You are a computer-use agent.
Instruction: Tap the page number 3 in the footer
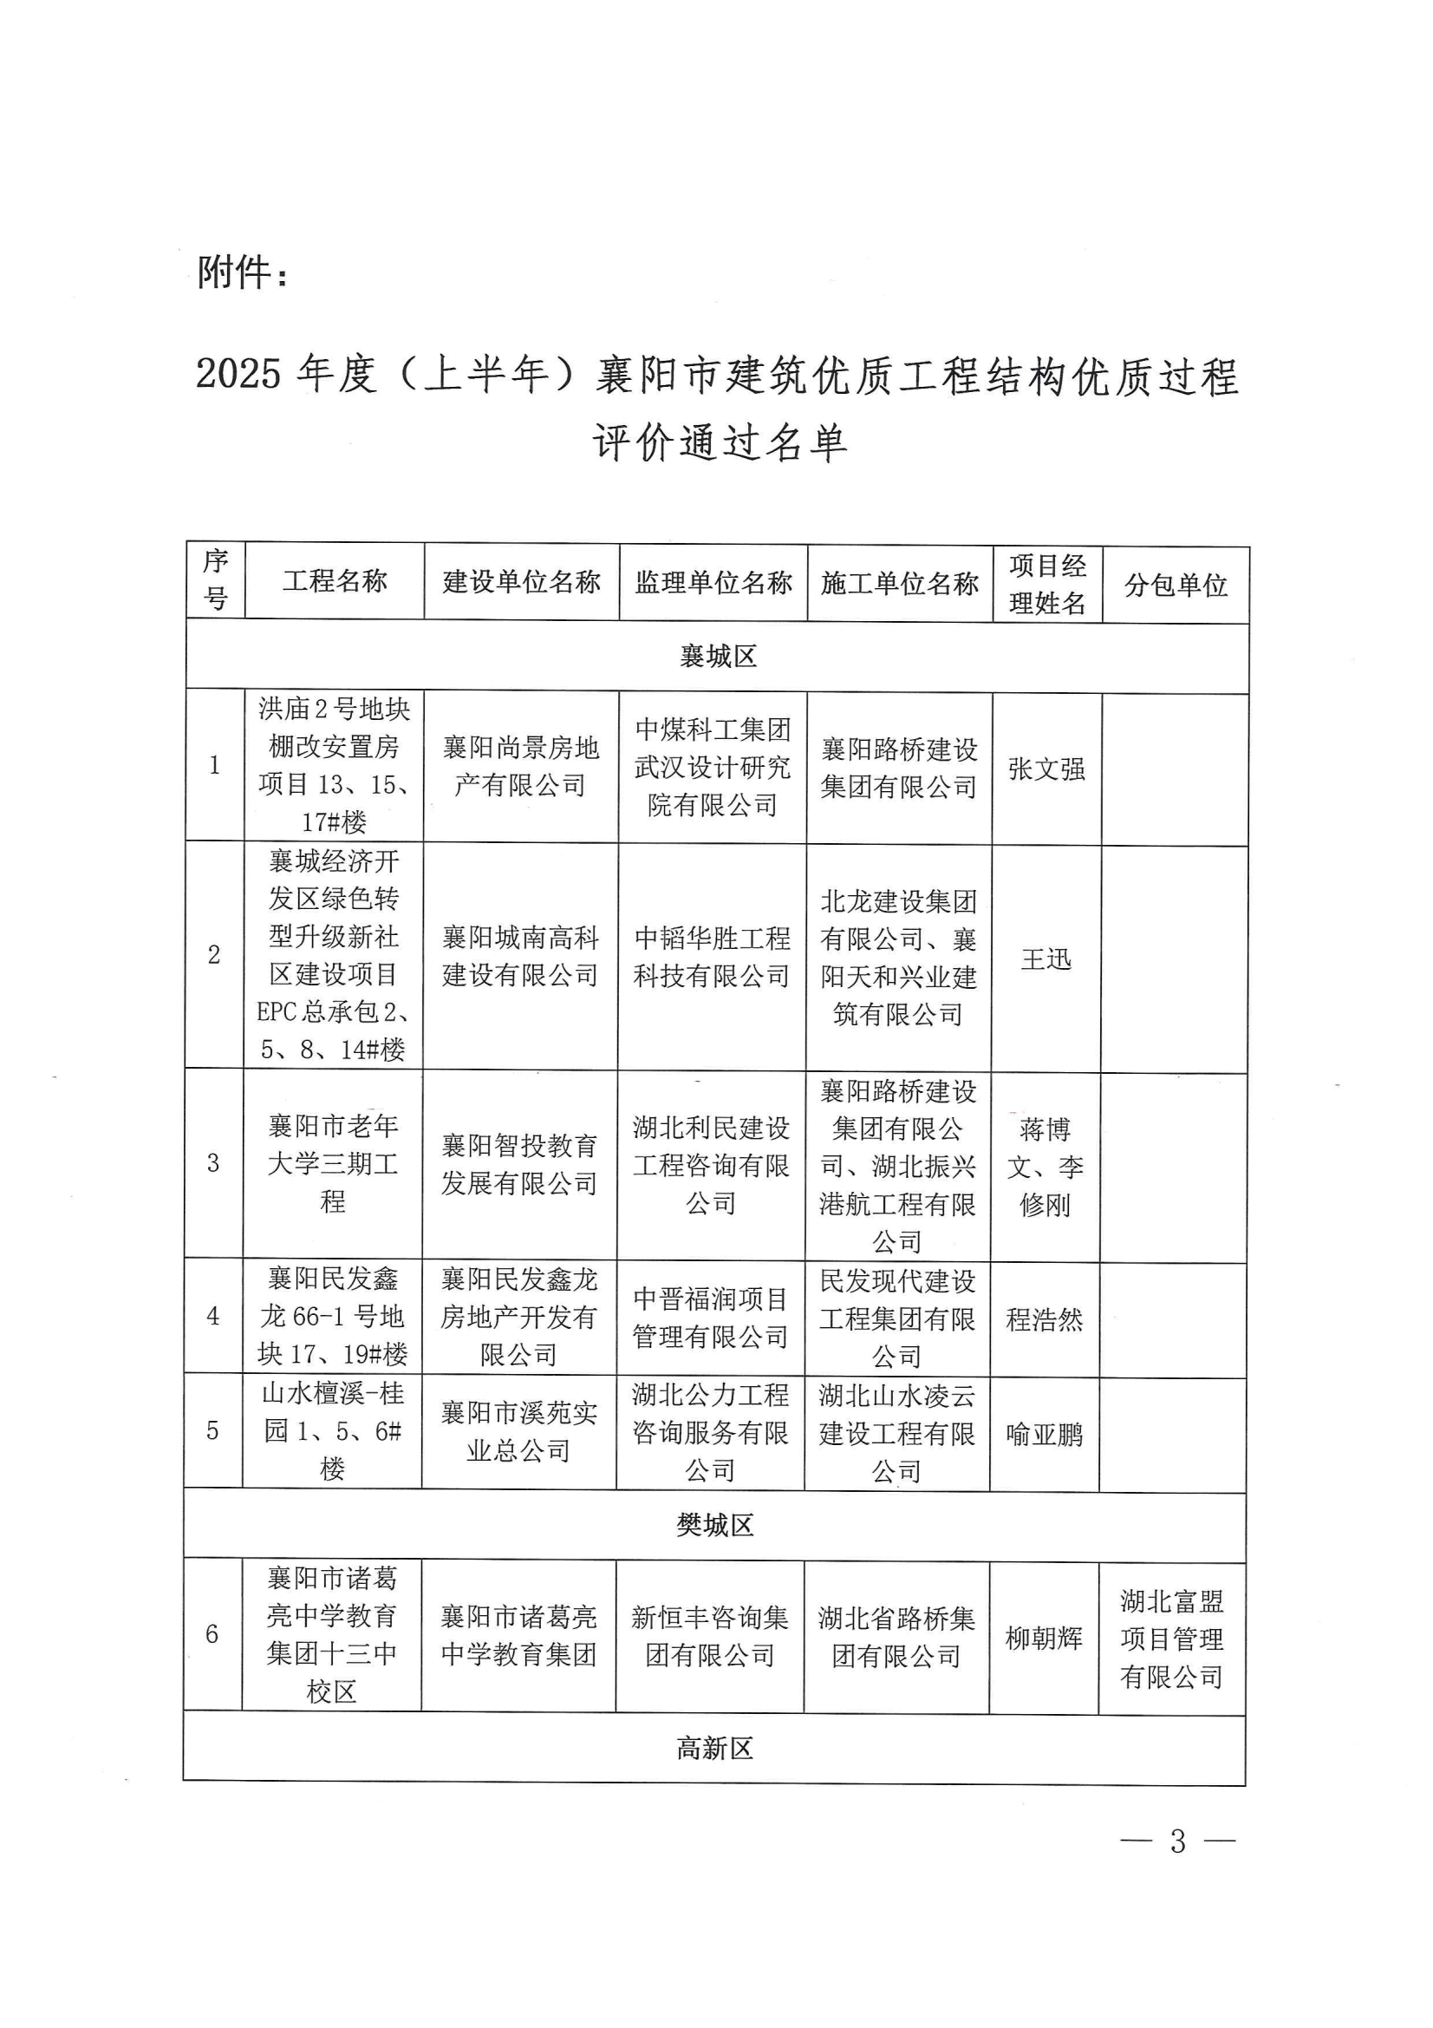1177,1841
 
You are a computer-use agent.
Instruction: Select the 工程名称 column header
335,581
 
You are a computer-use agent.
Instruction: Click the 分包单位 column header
1176,585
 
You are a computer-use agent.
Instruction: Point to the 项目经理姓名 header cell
1047,584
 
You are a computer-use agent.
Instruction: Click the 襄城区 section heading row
718,657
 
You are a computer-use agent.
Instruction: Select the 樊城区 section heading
715,1525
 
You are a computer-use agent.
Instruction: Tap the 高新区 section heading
714,1748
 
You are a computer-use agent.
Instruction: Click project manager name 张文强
1046,769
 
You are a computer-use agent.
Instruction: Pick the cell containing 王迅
1045,958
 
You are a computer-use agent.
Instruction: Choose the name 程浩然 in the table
1045,1318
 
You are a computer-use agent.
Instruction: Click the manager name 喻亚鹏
1045,1434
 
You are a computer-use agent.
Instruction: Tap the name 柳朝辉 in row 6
1044,1638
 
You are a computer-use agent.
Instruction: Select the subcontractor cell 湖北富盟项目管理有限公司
1172,1639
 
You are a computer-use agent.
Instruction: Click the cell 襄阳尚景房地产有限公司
521,766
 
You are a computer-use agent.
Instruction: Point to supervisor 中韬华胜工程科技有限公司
712,957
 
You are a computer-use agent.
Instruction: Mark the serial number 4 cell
212,1315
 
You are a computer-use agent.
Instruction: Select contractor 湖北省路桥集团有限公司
896,1637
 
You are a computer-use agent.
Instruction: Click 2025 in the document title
238,374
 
